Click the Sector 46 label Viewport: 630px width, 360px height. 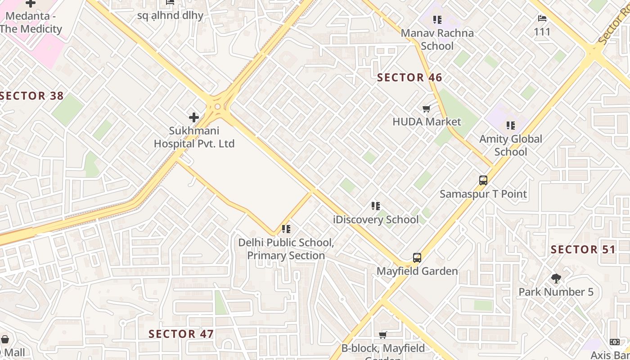tap(409, 77)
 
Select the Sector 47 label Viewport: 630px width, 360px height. tap(181, 334)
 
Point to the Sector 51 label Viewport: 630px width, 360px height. tap(583, 249)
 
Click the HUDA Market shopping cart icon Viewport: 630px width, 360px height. tap(427, 108)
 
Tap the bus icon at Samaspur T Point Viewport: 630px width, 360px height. tap(483, 180)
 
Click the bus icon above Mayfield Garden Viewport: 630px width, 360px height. tap(417, 258)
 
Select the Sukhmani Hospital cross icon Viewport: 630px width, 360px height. tap(194, 117)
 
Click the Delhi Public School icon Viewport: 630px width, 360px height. tap(286, 229)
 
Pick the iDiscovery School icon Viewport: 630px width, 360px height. tap(376, 206)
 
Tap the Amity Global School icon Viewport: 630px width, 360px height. tap(510, 125)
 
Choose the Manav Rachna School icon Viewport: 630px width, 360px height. tap(437, 20)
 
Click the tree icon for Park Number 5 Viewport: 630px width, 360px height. tap(556, 279)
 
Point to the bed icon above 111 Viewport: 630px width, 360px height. tap(542, 18)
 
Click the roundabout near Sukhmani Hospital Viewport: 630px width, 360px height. tap(218, 107)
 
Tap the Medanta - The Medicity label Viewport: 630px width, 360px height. tap(31, 22)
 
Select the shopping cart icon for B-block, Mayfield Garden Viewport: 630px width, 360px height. tap(383, 335)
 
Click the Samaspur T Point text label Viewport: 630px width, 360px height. tap(483, 194)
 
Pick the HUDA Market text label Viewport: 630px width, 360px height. tap(427, 121)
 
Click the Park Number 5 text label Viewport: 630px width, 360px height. tap(556, 292)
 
